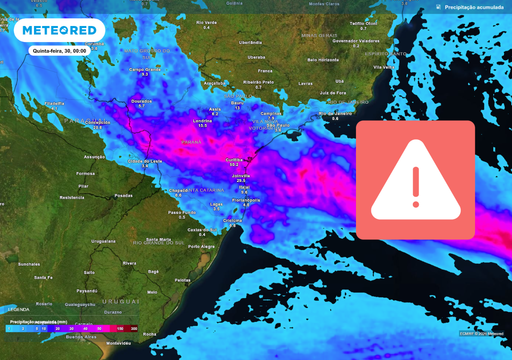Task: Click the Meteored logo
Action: click(60, 30)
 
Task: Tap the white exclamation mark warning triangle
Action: click(415, 180)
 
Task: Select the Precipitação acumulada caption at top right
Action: click(475, 6)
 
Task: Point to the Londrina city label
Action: click(202, 120)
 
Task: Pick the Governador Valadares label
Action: click(358, 41)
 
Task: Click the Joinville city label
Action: click(241, 175)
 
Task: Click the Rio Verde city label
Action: click(207, 21)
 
